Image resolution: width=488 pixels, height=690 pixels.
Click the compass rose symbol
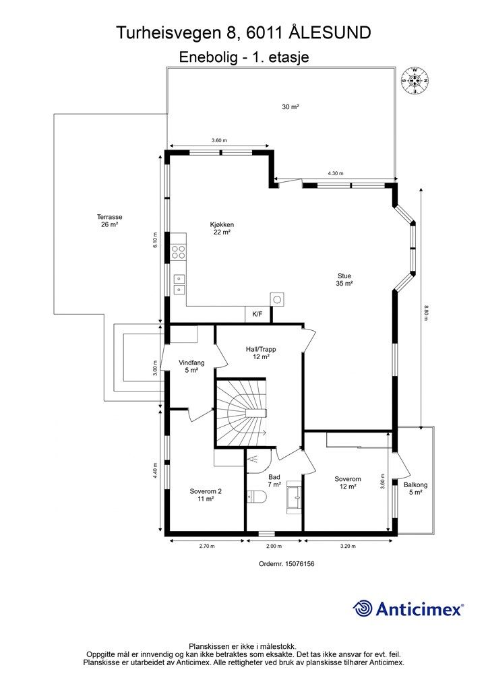click(x=415, y=81)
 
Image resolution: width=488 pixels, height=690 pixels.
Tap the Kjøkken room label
click(x=222, y=228)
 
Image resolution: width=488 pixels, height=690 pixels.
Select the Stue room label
click(x=344, y=280)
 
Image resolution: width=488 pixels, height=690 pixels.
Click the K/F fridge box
click(x=257, y=314)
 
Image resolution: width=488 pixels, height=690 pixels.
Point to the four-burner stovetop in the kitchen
click(x=179, y=252)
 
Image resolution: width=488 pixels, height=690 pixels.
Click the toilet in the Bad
click(x=257, y=497)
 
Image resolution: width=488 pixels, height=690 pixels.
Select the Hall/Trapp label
click(x=261, y=353)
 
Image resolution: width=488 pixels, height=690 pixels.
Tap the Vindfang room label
click(x=191, y=367)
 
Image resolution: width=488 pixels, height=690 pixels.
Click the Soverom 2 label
click(x=206, y=495)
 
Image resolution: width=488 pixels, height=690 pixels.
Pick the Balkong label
click(x=415, y=489)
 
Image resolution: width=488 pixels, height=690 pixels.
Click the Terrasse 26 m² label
click(x=110, y=220)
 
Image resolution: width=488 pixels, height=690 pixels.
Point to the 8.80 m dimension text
click(x=426, y=313)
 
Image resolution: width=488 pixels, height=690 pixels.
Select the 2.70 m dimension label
click(x=207, y=546)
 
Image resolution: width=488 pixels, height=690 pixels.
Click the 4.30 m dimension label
click(x=335, y=173)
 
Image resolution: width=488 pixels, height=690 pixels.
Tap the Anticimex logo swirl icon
click(x=363, y=608)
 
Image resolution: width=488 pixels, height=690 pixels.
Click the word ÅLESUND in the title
click(x=330, y=33)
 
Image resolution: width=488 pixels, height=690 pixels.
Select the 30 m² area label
click(x=291, y=106)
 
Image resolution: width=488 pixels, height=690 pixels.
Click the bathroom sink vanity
click(x=294, y=497)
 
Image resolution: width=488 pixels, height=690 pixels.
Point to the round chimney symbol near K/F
click(x=277, y=299)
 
